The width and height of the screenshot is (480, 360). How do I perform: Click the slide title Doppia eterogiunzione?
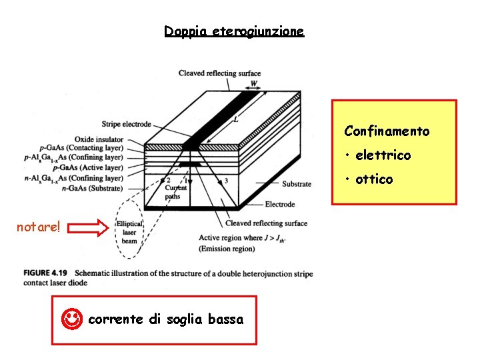pyautogui.click(x=234, y=31)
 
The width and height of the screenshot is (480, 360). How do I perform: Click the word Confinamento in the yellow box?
pyautogui.click(x=387, y=131)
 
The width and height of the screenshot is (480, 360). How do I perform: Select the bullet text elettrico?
pyautogui.click(x=383, y=155)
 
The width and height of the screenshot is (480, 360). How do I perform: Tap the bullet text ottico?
pyautogui.click(x=374, y=179)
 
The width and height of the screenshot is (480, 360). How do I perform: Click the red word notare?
pyautogui.click(x=39, y=227)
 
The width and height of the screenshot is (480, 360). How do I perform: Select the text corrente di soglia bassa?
pyautogui.click(x=166, y=319)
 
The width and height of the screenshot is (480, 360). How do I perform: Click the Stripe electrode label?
pyautogui.click(x=127, y=124)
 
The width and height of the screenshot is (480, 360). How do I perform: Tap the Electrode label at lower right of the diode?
pyautogui.click(x=280, y=205)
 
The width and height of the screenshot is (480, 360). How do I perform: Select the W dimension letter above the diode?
pyautogui.click(x=253, y=84)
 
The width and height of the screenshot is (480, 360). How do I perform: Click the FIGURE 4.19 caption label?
pyautogui.click(x=47, y=273)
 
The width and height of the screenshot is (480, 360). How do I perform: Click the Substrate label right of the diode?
pyautogui.click(x=296, y=184)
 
